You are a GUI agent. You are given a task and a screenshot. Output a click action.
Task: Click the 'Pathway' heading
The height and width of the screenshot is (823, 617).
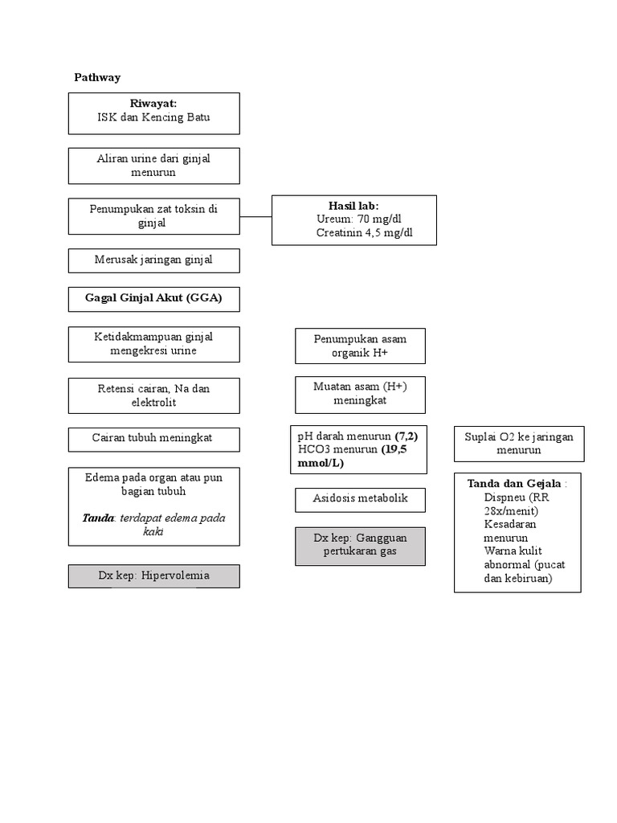point(97,77)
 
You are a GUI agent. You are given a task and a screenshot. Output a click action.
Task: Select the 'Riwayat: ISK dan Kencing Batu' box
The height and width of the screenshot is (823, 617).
point(153,113)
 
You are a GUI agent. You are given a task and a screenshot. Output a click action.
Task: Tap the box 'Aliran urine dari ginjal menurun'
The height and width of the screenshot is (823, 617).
point(153,166)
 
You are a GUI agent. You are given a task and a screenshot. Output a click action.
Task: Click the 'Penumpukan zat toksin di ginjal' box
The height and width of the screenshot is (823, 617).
point(153,215)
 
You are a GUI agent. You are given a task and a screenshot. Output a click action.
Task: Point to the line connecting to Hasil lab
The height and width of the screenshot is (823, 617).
point(255,216)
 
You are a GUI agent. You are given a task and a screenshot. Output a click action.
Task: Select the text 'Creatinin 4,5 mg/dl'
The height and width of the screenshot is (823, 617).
point(364,233)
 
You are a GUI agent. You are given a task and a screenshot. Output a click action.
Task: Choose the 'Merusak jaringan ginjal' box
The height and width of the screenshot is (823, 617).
point(153,260)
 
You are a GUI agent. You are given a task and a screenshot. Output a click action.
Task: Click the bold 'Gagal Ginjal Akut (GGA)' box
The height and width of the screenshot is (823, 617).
point(153,299)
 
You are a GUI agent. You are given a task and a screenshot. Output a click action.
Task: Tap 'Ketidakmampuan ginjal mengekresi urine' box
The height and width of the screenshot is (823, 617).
point(153,343)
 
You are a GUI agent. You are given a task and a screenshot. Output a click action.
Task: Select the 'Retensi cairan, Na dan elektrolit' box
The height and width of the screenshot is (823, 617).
point(153,395)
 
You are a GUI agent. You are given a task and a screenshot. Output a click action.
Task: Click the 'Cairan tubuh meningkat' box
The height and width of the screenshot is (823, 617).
point(153,440)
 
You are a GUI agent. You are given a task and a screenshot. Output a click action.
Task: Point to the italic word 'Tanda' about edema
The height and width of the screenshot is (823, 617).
point(97,518)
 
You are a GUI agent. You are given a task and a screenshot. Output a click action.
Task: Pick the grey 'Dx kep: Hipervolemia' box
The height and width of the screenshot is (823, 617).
point(153,576)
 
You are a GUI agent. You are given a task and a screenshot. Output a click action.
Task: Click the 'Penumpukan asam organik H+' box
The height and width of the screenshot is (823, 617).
point(360,346)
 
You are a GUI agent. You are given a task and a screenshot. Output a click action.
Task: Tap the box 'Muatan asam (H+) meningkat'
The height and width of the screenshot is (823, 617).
point(360,394)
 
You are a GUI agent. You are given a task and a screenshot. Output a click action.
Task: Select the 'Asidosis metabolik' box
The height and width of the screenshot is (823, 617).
point(360,499)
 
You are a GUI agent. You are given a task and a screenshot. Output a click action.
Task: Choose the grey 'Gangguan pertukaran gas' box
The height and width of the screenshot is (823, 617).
point(360,547)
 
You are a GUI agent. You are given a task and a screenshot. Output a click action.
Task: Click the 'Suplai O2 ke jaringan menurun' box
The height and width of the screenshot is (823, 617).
point(519,444)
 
